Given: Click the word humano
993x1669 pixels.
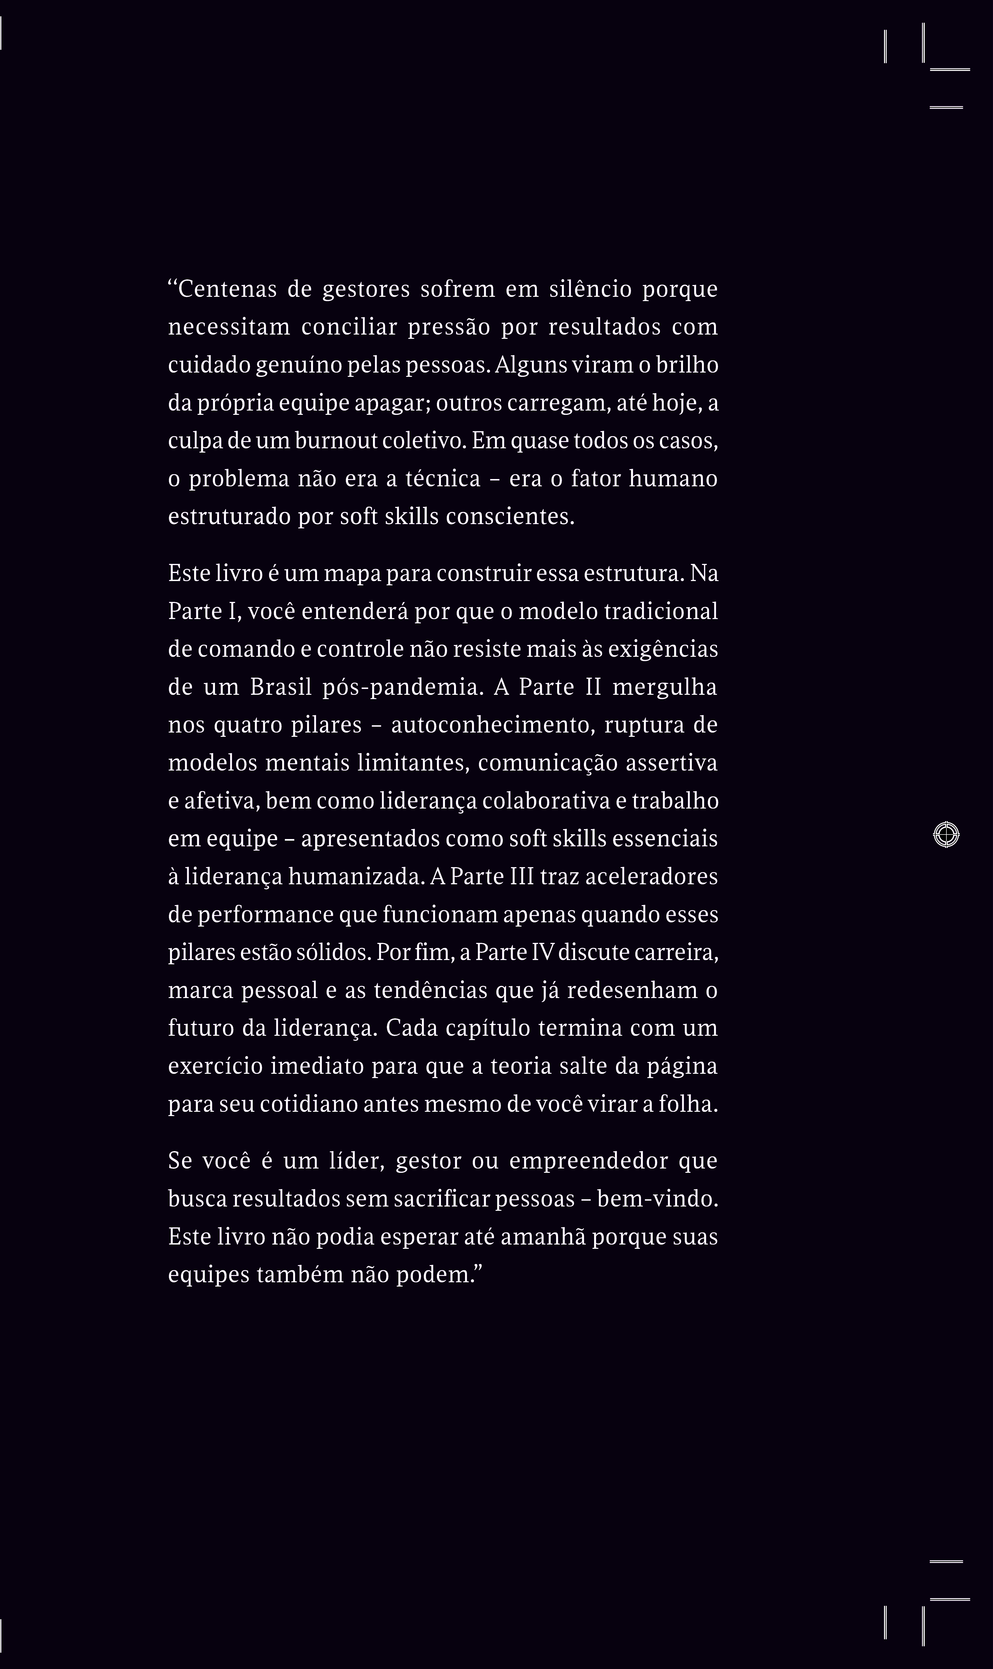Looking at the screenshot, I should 673,479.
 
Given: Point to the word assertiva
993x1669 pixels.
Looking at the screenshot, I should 672,763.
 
